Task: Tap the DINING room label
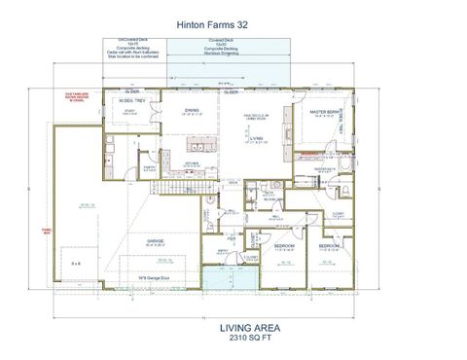(193, 110)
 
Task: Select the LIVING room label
(255, 139)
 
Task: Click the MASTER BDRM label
(323, 112)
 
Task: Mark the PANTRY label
(151, 167)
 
